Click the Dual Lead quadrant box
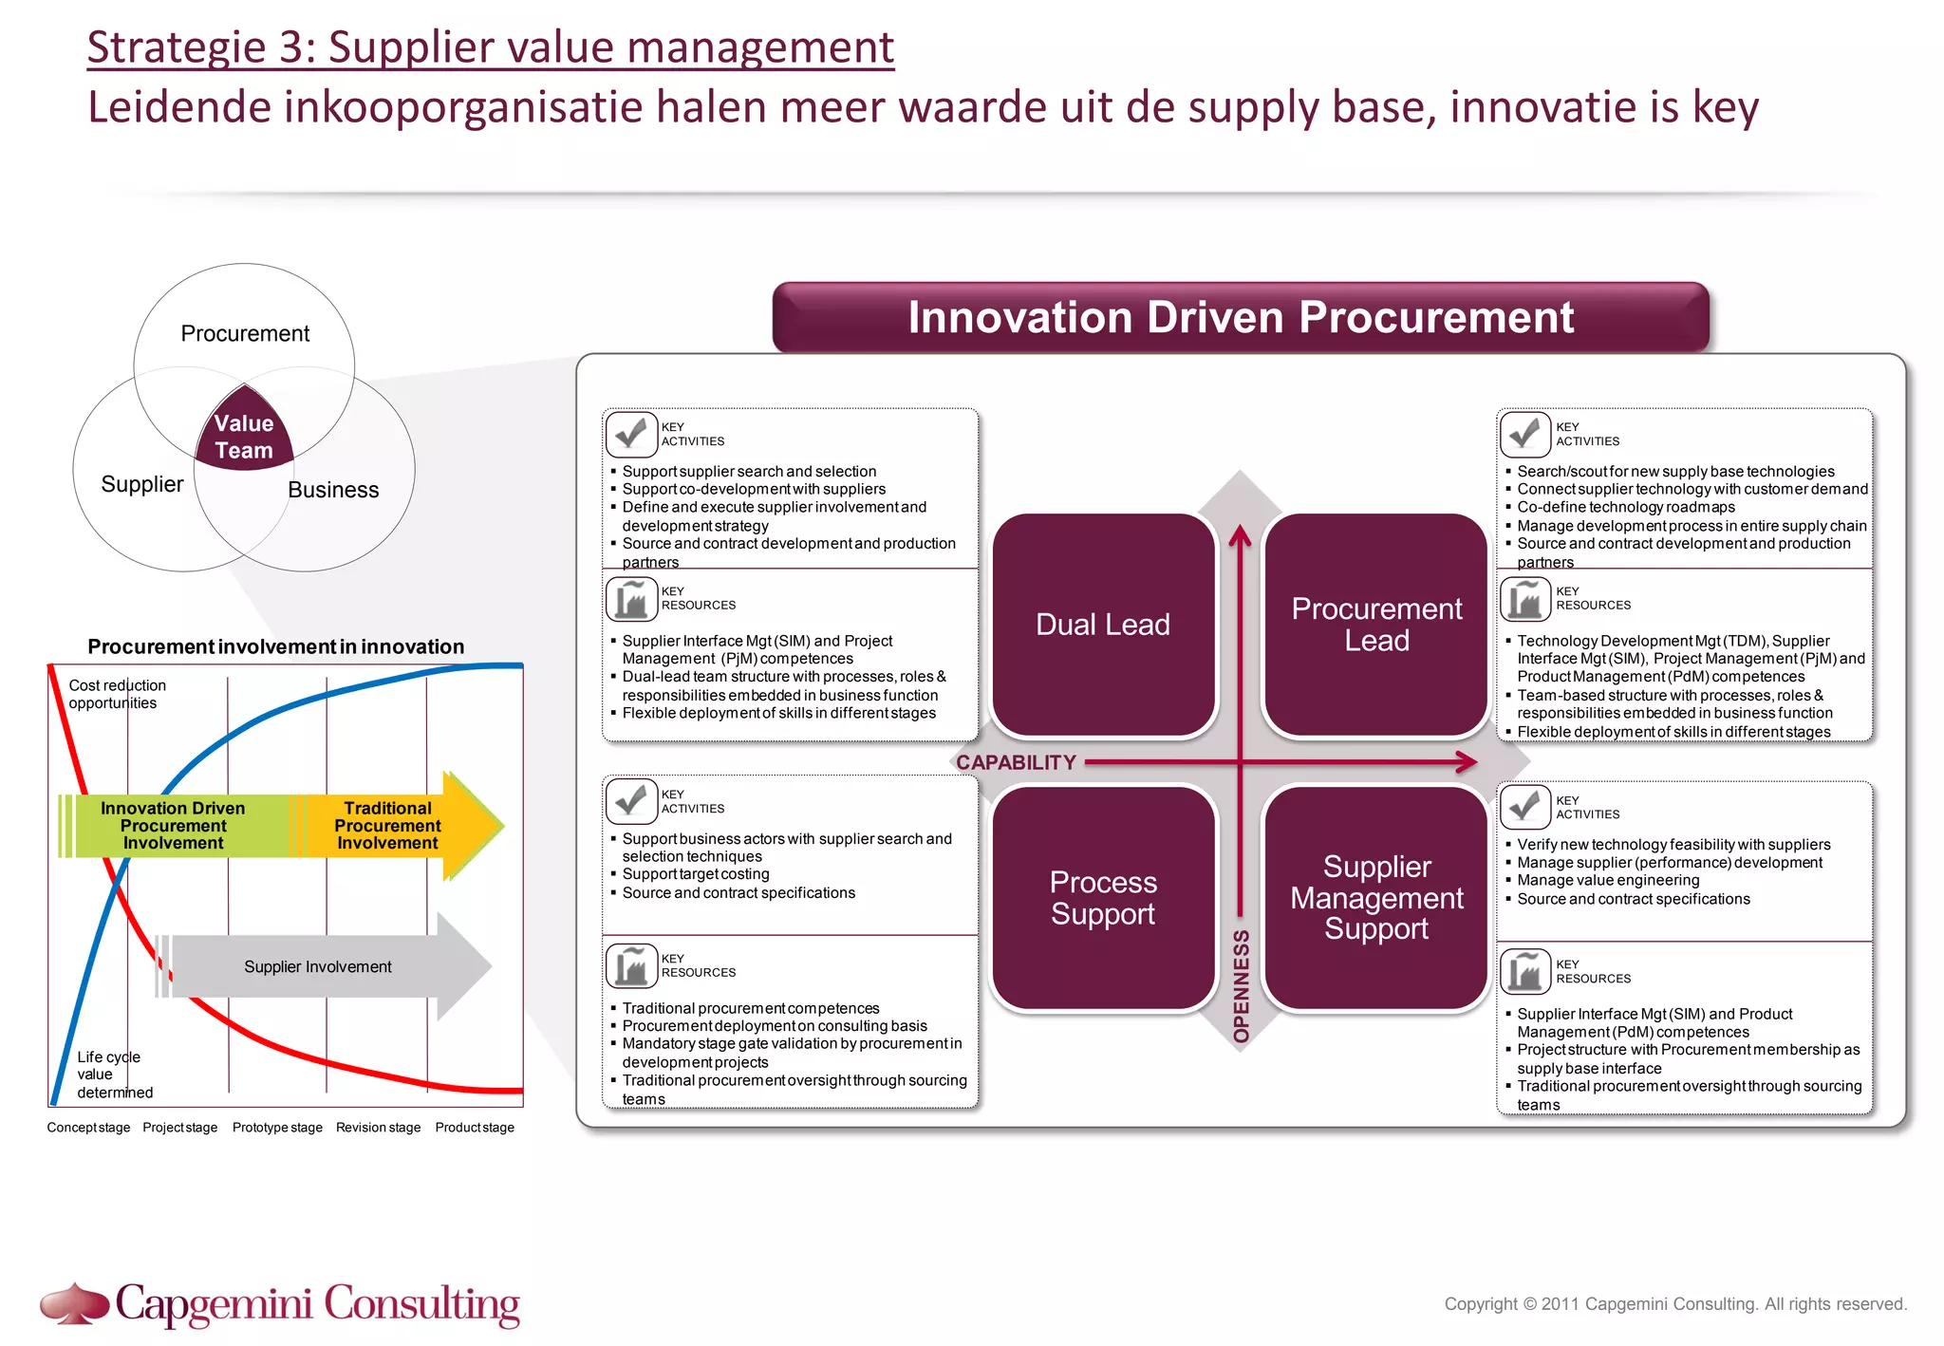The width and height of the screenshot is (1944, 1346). [1102, 625]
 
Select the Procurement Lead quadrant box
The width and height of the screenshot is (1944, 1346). [1375, 625]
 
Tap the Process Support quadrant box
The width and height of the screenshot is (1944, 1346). [1102, 897]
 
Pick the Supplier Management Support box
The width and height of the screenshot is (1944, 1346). [1375, 897]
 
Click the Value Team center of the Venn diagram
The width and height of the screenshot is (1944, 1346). [244, 437]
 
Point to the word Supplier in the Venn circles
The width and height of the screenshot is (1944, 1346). [142, 484]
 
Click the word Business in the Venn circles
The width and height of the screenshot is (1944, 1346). [333, 490]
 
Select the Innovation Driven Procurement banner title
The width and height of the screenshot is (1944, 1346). [1240, 317]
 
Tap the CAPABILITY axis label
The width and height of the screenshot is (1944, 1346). [1015, 762]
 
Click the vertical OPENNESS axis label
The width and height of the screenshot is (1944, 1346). [1241, 986]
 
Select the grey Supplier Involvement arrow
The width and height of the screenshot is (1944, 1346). [318, 966]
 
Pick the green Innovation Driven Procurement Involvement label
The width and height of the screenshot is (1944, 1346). [173, 825]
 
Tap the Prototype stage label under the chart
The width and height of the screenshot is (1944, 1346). [277, 1128]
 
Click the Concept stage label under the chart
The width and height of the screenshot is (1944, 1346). [88, 1128]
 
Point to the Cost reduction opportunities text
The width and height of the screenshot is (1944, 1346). [117, 694]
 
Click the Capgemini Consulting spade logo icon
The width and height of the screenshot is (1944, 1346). [74, 1303]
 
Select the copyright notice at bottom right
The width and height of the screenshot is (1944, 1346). [1674, 1304]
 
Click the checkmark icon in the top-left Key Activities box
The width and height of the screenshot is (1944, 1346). [631, 434]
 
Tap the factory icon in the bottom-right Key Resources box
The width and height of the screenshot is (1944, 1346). [1524, 971]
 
